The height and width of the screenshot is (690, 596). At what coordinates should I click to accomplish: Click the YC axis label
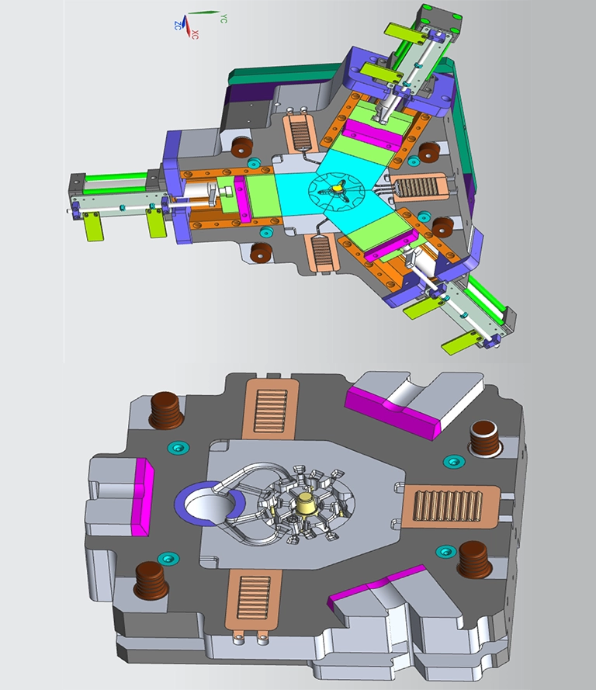(223, 19)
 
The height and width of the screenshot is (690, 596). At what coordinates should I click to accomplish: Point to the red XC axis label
(195, 34)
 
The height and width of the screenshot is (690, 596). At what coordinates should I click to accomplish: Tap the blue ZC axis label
(177, 25)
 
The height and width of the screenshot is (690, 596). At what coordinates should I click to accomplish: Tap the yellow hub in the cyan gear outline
(338, 188)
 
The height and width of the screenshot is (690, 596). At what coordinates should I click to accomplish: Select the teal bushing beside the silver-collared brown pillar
(453, 462)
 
